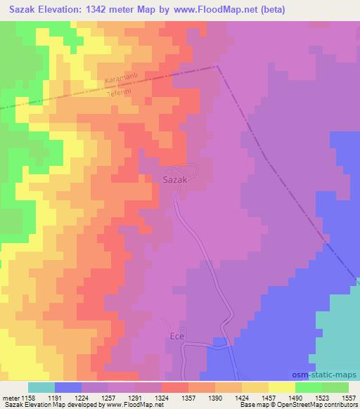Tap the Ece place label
click(176, 337)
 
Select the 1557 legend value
click(349, 397)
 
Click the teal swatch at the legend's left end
click(41, 387)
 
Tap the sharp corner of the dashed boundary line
click(217, 67)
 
